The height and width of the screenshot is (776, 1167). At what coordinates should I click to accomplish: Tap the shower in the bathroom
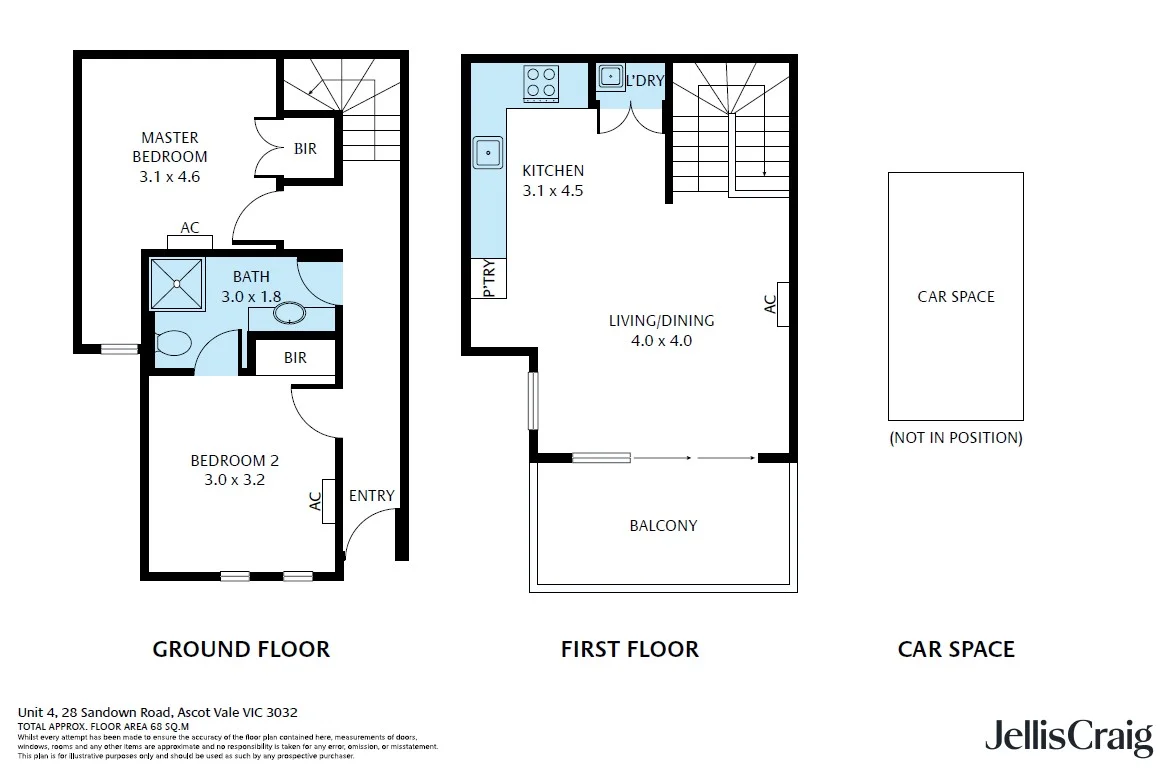(x=177, y=284)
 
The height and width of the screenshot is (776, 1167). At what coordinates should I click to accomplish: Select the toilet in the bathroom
(x=173, y=344)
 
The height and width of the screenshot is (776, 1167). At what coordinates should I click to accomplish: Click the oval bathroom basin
(x=290, y=316)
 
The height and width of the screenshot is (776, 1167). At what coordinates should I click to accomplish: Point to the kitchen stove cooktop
(x=542, y=82)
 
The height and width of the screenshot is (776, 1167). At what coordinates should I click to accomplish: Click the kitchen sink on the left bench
(x=488, y=153)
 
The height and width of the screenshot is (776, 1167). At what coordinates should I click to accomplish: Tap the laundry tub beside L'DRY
(x=610, y=77)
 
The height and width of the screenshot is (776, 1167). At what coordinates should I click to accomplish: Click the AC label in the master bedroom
(x=190, y=228)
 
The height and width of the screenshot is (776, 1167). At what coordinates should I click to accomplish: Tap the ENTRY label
(x=371, y=496)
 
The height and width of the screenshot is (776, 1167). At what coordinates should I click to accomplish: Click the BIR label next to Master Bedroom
(x=305, y=149)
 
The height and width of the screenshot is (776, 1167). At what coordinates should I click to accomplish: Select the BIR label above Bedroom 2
(x=295, y=358)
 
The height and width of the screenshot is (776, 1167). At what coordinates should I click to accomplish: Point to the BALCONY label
(x=663, y=525)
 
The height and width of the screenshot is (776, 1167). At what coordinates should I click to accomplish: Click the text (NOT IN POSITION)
(x=955, y=437)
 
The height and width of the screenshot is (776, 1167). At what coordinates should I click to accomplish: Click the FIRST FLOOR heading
(x=629, y=649)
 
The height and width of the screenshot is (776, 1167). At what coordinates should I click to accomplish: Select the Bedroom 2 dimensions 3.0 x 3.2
(x=234, y=479)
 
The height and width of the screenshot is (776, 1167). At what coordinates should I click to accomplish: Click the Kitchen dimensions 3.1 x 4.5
(x=553, y=190)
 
